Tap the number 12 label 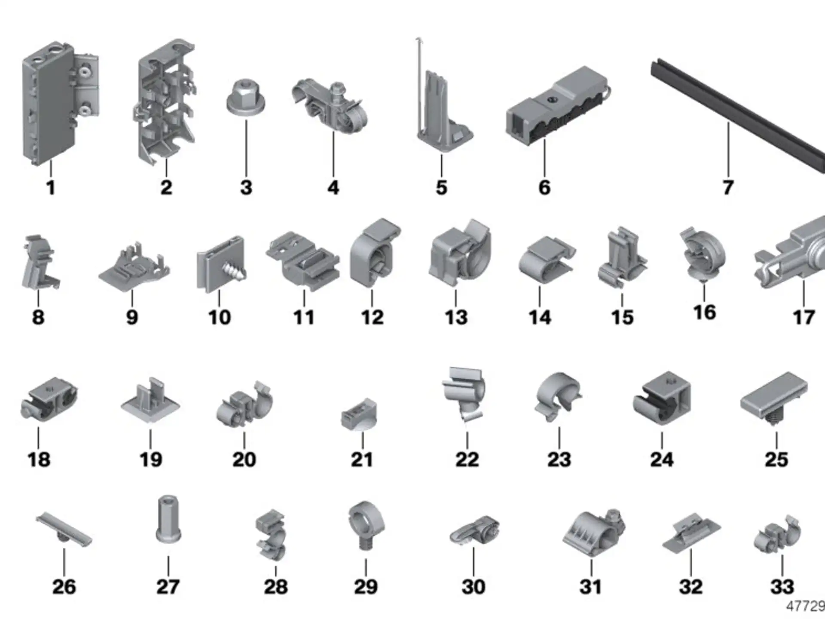(x=372, y=317)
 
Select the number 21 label (x=362, y=460)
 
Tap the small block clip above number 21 (x=359, y=414)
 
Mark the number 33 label (x=782, y=586)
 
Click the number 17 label (x=804, y=317)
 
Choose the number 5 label (x=442, y=187)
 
